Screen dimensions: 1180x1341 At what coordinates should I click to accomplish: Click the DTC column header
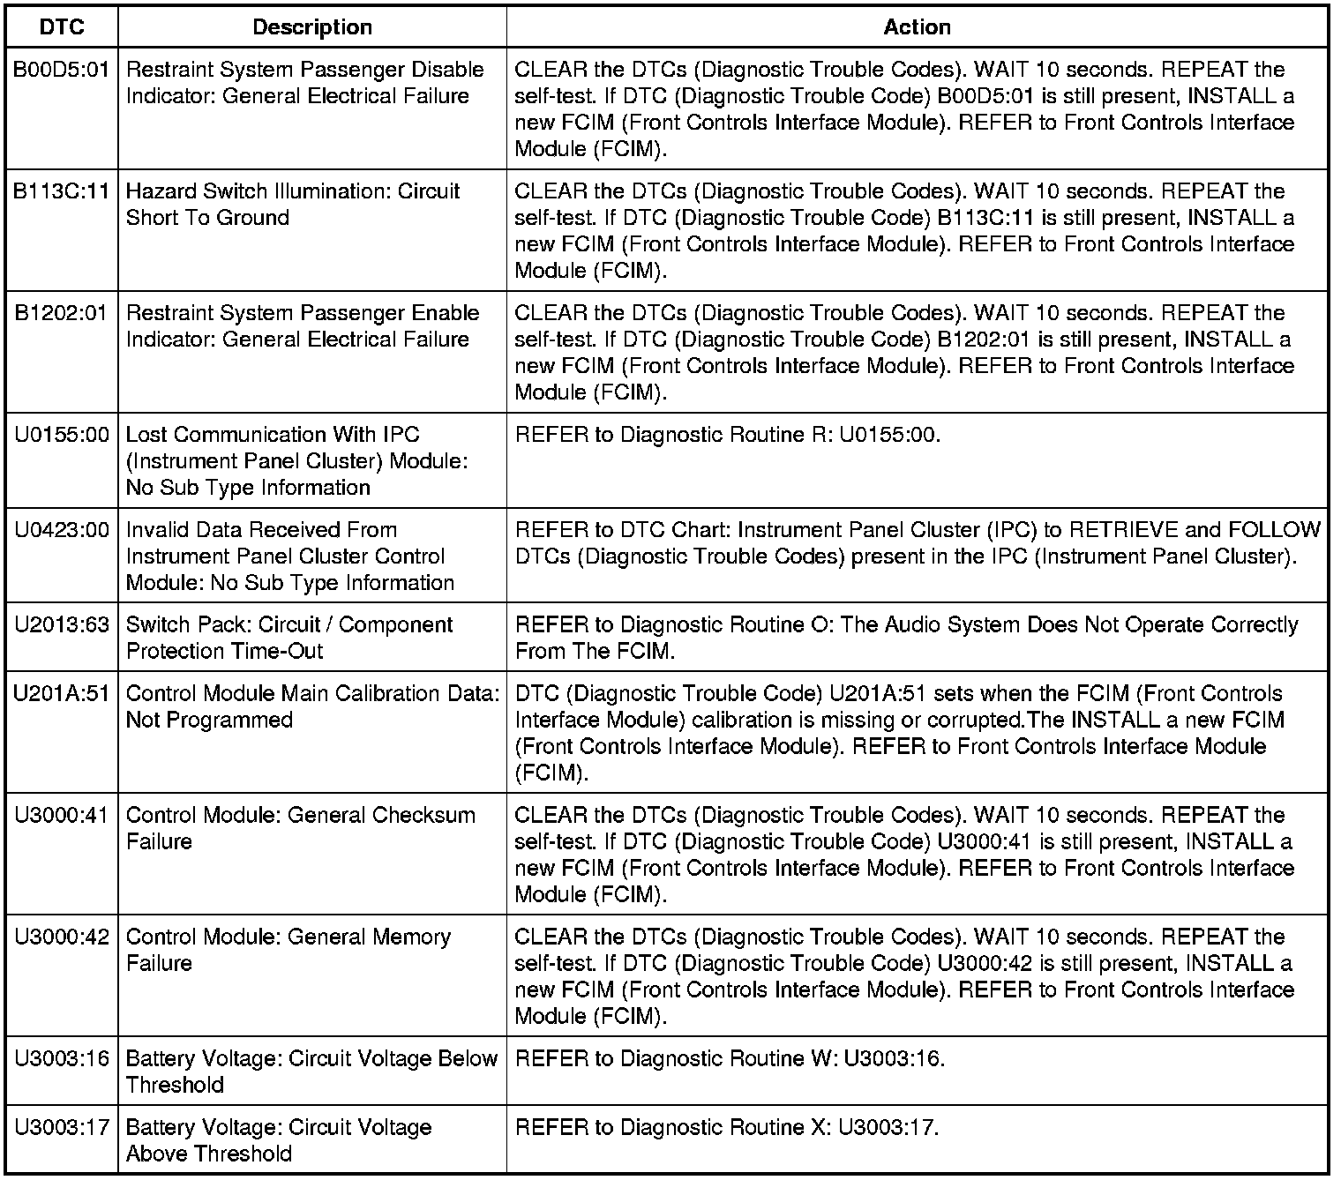click(x=62, y=27)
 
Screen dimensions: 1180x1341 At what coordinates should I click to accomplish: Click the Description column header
click(x=312, y=27)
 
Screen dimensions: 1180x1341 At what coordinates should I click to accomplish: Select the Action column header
click(x=917, y=27)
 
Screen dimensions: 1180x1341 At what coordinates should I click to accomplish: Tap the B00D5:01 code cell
click(x=62, y=70)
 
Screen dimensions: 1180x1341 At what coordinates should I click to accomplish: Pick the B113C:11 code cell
click(x=62, y=191)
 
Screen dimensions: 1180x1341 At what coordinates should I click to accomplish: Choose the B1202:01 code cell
click(x=62, y=313)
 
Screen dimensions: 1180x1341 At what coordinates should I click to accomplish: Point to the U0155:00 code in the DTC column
click(x=62, y=435)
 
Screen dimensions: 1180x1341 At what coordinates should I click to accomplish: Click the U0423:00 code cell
click(x=62, y=530)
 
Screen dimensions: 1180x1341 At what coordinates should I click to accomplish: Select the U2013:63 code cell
click(x=62, y=625)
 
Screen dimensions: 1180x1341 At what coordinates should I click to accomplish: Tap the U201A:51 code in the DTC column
click(x=62, y=694)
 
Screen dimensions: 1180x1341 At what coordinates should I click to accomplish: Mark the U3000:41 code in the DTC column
click(x=62, y=816)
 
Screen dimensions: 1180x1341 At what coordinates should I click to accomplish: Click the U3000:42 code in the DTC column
click(x=62, y=937)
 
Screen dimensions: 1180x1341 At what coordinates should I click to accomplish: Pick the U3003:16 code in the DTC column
click(x=62, y=1059)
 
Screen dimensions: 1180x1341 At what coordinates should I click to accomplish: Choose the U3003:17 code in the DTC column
click(x=62, y=1128)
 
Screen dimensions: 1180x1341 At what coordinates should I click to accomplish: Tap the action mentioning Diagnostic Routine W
click(x=730, y=1059)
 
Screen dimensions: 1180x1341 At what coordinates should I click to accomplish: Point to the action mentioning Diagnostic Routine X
click(x=727, y=1128)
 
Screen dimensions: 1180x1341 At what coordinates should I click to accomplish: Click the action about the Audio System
click(x=906, y=638)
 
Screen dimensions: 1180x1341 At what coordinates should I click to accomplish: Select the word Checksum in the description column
click(x=423, y=816)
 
